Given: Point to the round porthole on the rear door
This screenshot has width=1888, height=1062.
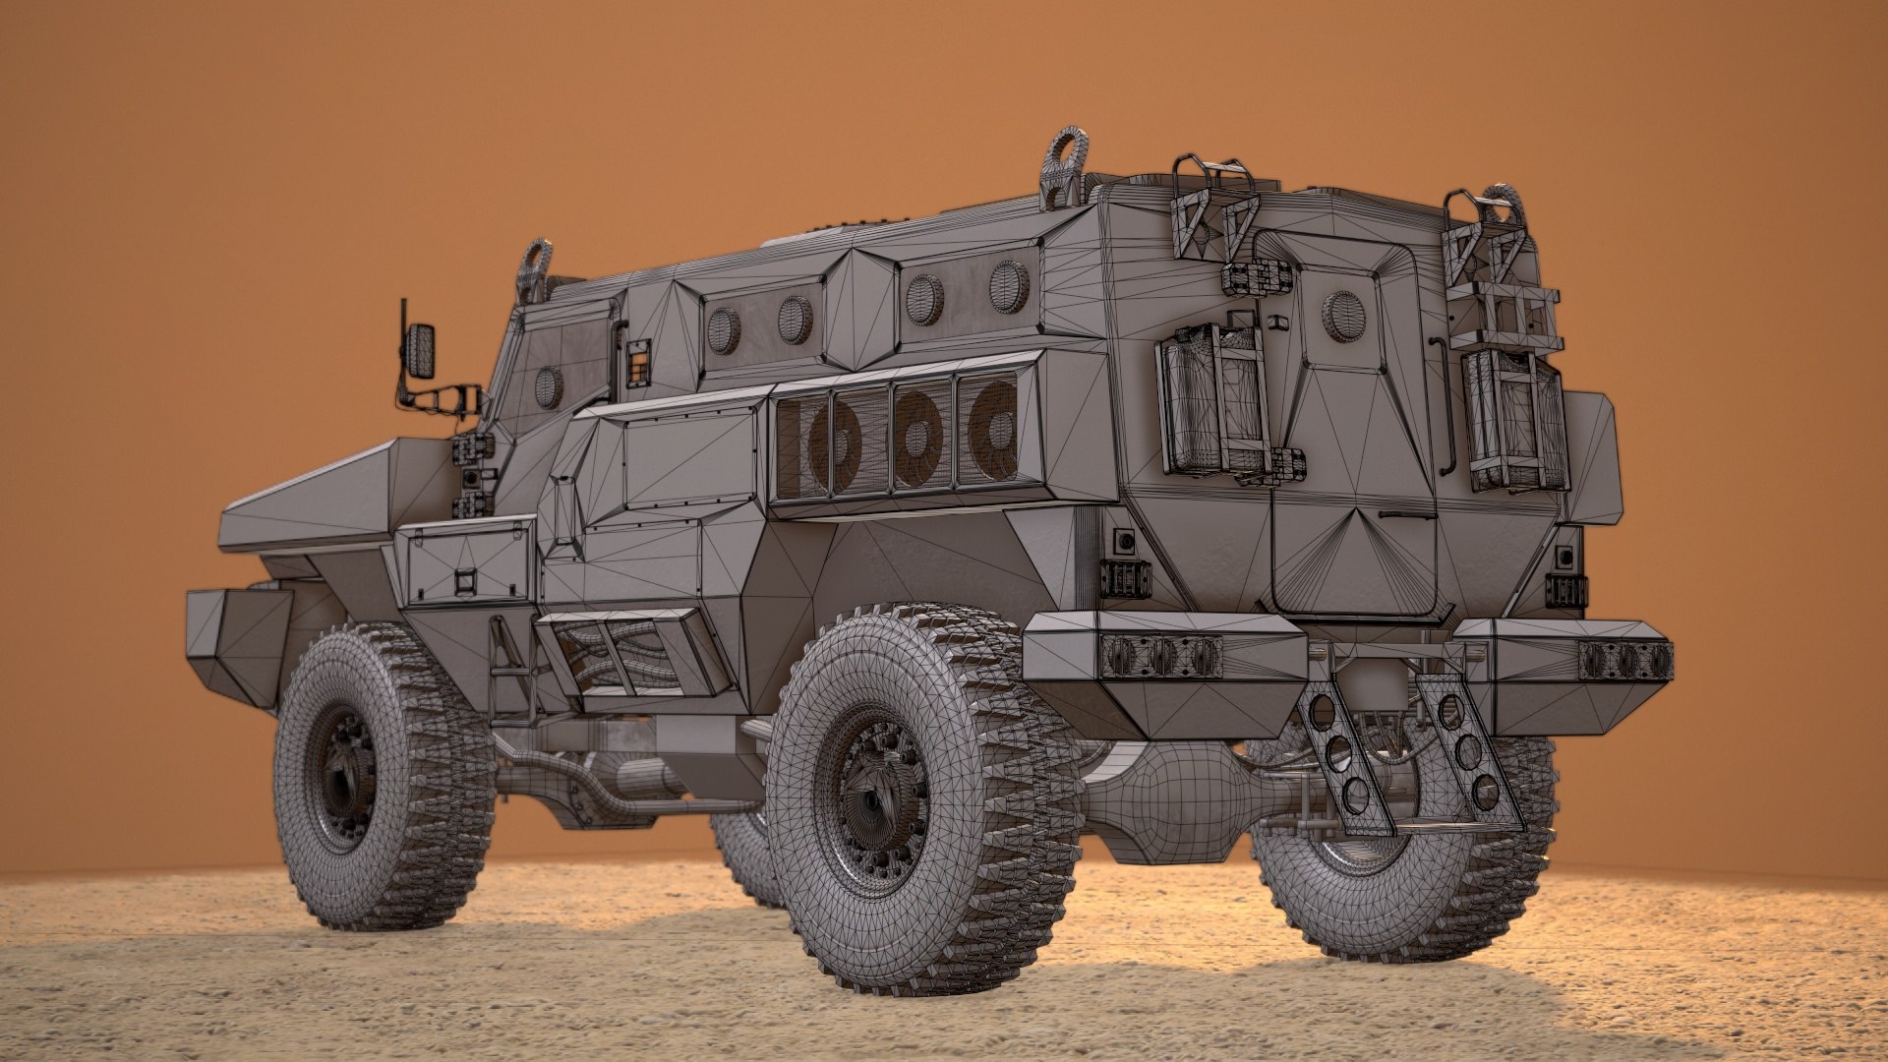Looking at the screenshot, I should (1344, 315).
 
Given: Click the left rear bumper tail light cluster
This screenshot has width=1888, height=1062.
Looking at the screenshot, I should (1160, 656).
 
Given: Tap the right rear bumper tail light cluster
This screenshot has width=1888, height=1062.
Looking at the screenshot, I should (1625, 660).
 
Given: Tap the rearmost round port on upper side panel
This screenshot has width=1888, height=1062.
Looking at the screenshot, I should (1008, 285).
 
